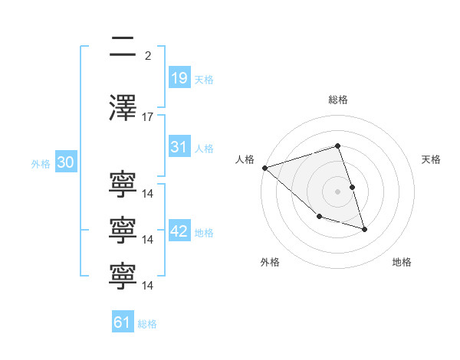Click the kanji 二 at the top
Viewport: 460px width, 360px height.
[123, 46]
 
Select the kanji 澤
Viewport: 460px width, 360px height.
[123, 107]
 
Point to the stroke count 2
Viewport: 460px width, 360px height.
[148, 56]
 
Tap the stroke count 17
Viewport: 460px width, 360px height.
[147, 117]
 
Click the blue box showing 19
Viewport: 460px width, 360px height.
[179, 77]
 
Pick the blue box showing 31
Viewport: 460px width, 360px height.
[179, 146]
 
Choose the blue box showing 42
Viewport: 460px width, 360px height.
[179, 230]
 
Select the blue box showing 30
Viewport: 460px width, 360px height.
[66, 162]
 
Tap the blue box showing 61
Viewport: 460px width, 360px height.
[123, 321]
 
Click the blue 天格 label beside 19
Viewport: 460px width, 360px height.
[204, 80]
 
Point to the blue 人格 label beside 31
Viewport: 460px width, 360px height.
[204, 149]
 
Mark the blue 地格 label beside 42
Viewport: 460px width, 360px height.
[204, 233]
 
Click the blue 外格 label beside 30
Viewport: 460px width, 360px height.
[41, 164]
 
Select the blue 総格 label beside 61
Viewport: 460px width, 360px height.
[147, 324]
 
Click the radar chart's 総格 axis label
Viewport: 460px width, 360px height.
[338, 100]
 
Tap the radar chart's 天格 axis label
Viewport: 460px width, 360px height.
[431, 159]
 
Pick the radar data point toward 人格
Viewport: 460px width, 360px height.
[265, 168]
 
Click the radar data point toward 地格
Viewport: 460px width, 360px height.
[364, 230]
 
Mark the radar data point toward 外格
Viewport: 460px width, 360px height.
[320, 216]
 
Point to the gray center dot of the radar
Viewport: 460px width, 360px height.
[337, 191]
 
